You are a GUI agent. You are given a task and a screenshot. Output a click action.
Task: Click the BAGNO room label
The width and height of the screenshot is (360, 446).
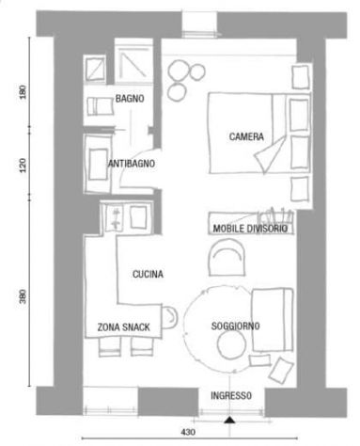coord(130,99)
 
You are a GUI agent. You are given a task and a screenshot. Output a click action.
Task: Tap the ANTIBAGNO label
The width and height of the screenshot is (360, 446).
coord(132,164)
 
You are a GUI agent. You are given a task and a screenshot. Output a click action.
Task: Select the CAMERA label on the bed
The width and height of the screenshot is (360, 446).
coord(246,136)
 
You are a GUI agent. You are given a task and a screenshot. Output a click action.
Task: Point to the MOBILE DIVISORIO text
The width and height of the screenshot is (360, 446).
coord(250,229)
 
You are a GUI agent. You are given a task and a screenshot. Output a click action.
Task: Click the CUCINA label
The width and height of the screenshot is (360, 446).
coord(148,274)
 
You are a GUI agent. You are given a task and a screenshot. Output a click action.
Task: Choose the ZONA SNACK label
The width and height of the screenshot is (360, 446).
coord(123,327)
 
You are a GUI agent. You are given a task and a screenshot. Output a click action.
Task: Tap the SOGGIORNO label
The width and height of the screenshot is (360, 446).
coord(235,326)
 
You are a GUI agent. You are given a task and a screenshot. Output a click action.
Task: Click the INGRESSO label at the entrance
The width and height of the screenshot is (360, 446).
coord(231,395)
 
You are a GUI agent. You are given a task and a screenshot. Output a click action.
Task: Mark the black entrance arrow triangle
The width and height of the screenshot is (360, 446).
coord(229,420)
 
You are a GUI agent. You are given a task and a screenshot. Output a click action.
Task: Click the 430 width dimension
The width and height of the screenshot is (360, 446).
coord(188,432)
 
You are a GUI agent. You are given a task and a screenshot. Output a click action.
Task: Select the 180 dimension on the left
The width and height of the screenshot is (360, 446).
coord(23,92)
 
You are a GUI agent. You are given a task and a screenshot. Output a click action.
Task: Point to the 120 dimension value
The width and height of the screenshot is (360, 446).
coord(23,165)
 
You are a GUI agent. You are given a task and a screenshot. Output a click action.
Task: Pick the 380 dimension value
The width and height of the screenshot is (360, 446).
coord(23,296)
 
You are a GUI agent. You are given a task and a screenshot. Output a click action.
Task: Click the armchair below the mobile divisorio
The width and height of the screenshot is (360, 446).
coord(227,257)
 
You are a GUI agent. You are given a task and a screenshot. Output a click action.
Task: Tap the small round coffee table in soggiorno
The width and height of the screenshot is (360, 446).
coord(231,344)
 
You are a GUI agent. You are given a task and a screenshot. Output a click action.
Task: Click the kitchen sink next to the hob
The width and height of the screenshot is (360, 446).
coord(138,217)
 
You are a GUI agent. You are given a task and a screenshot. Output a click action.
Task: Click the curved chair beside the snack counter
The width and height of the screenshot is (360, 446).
coord(169,317)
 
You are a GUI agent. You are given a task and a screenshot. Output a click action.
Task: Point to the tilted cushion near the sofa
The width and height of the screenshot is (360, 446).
coord(281,370)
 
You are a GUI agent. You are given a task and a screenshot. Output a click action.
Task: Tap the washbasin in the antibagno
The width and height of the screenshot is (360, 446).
coord(98,164)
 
